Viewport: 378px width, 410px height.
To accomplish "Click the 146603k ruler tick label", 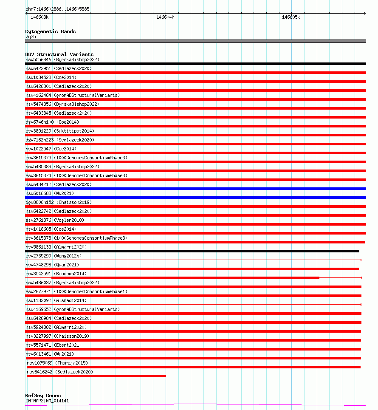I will click(x=39, y=17).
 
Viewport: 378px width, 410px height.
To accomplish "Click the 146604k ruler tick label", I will click(x=165, y=17).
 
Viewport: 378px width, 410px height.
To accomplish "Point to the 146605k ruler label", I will click(x=291, y=17).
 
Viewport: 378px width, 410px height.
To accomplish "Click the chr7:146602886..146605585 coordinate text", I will click(x=57, y=9).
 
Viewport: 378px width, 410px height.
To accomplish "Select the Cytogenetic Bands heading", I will click(x=50, y=31).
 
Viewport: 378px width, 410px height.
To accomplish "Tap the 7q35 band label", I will click(x=31, y=37).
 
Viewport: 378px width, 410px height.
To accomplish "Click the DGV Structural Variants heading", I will click(x=59, y=54).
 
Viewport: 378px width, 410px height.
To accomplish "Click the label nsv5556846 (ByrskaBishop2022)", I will click(x=62, y=59).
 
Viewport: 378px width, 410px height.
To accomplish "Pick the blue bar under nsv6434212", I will click(x=195, y=189).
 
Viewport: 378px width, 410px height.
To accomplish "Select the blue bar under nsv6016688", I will click(x=195, y=198).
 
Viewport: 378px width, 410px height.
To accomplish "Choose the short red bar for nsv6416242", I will click(x=96, y=376).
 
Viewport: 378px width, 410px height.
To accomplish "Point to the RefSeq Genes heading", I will click(x=43, y=396).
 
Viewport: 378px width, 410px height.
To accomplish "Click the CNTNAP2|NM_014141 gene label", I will click(x=47, y=401).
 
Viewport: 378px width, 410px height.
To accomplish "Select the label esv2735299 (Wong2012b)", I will click(x=54, y=256).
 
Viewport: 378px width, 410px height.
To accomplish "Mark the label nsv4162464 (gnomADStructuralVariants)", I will click(x=72, y=95).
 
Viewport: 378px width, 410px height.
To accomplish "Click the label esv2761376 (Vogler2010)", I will click(x=55, y=220).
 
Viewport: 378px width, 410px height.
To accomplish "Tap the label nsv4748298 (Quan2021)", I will click(x=52, y=265).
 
